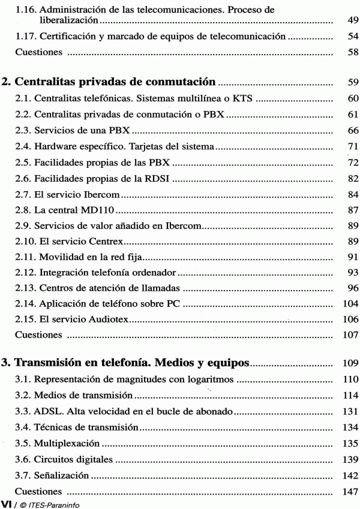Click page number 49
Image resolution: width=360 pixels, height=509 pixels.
(352, 20)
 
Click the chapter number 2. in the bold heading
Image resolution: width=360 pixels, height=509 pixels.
(6, 82)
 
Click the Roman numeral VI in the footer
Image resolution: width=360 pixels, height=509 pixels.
(7, 502)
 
